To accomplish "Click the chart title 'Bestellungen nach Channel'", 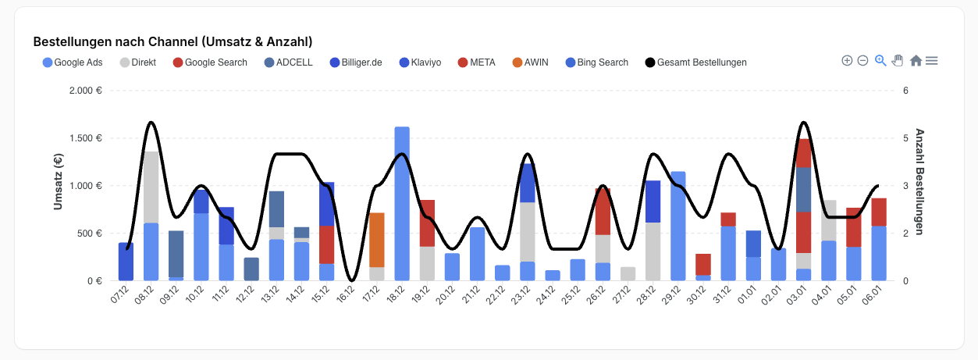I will pyautogui.click(x=173, y=41).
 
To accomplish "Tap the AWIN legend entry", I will pyautogui.click(x=531, y=62).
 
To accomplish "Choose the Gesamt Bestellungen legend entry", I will pyautogui.click(x=695, y=62).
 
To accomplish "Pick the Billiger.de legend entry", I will pyautogui.click(x=356, y=62).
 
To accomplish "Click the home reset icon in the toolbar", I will pyautogui.click(x=916, y=61).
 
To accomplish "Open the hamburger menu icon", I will pyautogui.click(x=931, y=61).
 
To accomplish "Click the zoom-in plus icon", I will pyautogui.click(x=847, y=61).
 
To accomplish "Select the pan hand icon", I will pyautogui.click(x=898, y=61).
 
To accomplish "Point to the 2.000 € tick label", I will pyautogui.click(x=86, y=91).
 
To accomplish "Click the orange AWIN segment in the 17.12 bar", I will pyautogui.click(x=377, y=240).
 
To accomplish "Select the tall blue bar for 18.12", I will pyautogui.click(x=402, y=203).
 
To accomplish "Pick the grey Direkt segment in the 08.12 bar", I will pyautogui.click(x=151, y=187).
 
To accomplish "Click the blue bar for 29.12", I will pyautogui.click(x=678, y=226).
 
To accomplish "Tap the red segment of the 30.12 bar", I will pyautogui.click(x=703, y=264).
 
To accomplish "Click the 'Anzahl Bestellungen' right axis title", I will pyautogui.click(x=919, y=181).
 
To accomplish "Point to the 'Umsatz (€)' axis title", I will pyautogui.click(x=58, y=182).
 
